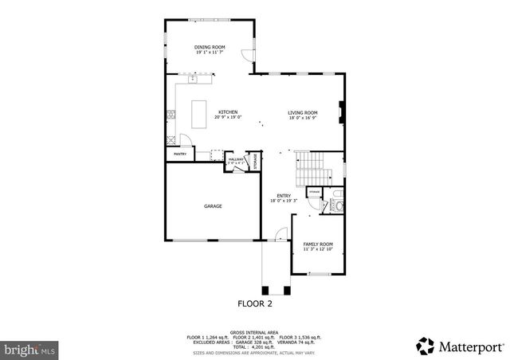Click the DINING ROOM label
click(210, 47)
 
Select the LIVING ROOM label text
click(303, 112)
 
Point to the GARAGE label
click(212, 206)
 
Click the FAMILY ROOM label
click(317, 244)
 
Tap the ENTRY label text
click(283, 195)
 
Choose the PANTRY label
click(180, 154)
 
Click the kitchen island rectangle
click(199, 113)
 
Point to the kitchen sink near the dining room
click(194, 78)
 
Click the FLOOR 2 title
click(255, 303)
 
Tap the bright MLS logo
click(30, 349)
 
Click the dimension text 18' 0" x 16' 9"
click(303, 118)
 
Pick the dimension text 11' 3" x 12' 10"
click(317, 249)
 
